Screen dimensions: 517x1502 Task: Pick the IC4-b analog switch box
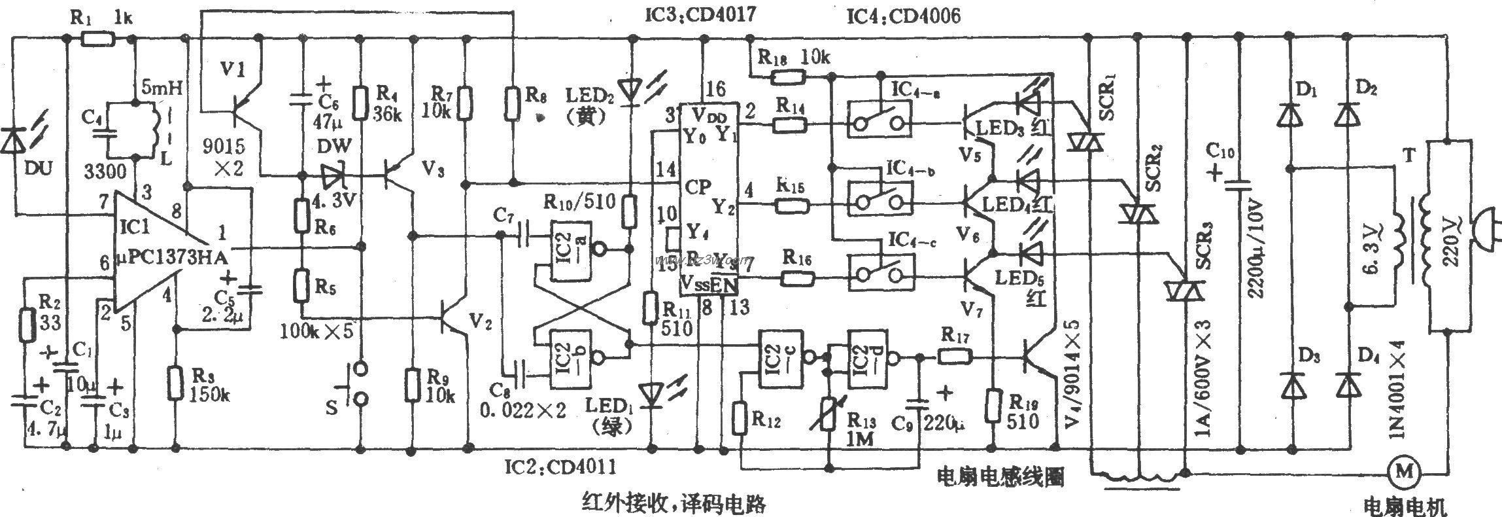[880, 196]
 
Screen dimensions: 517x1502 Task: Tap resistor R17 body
[955, 357]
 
